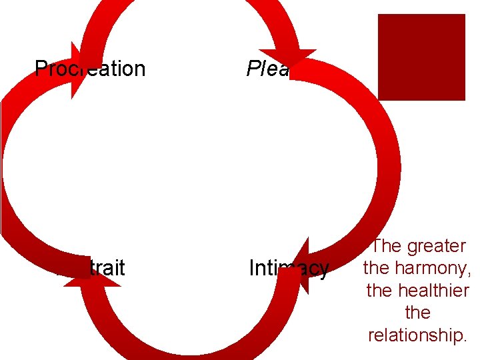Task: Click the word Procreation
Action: point(90,69)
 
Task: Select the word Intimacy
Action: point(289,268)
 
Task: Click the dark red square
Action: point(421,57)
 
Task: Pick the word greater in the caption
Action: point(437,246)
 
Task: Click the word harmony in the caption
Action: point(429,269)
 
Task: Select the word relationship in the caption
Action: point(417,335)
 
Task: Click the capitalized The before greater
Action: point(385,246)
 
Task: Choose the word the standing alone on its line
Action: point(418,313)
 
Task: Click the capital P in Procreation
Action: point(40,69)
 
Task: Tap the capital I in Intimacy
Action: point(251,268)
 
